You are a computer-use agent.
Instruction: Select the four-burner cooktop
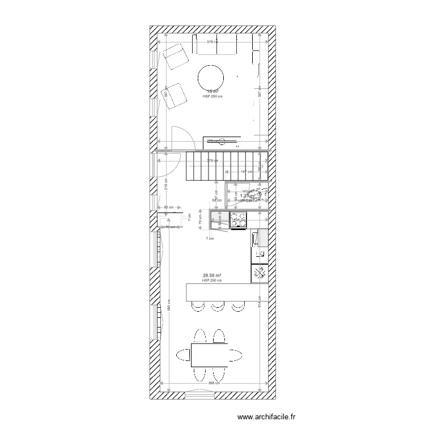pyautogui.click(x=238, y=219)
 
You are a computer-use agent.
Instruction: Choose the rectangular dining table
pyautogui.click(x=210, y=355)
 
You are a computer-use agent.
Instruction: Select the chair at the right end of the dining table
pyautogui.click(x=235, y=355)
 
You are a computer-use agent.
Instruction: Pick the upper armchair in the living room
pyautogui.click(x=176, y=56)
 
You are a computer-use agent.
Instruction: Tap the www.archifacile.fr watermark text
pyautogui.click(x=266, y=417)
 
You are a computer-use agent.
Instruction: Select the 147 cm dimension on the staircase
pyautogui.click(x=245, y=172)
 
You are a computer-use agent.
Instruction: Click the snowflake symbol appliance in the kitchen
pyautogui.click(x=260, y=273)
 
